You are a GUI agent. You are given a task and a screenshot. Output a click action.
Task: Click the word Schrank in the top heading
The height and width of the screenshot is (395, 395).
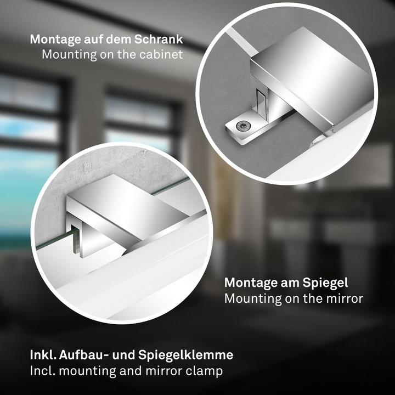pos(159,39)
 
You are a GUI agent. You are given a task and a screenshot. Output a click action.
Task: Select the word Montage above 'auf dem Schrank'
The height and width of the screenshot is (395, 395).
pos(55,40)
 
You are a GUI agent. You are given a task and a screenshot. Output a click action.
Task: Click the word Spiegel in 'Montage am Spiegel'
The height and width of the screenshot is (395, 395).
pos(325,283)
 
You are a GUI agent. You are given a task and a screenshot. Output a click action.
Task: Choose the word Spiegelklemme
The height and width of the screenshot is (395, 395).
pos(185,356)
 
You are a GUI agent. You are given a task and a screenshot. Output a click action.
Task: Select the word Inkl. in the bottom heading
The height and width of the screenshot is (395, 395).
pos(43,355)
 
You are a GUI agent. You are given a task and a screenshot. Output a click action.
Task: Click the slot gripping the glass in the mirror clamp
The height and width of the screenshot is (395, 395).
pos(75,241)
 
